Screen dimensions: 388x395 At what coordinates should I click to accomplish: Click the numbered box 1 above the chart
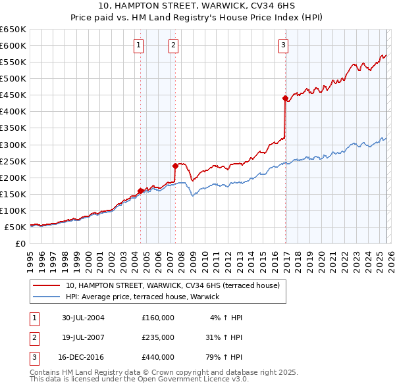click(139, 45)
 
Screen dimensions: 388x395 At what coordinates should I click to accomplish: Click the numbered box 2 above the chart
click(173, 45)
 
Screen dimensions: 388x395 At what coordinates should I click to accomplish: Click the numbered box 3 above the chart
click(282, 45)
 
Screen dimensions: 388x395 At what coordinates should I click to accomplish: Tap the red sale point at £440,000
click(285, 99)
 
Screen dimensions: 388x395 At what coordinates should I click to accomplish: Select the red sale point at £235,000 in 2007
click(176, 166)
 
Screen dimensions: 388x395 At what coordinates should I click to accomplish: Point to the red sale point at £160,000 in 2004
click(141, 191)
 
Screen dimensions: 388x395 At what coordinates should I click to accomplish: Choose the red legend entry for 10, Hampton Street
click(172, 285)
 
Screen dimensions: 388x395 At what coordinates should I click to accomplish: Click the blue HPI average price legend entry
click(146, 297)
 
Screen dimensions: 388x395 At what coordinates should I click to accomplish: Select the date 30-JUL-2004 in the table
click(83, 318)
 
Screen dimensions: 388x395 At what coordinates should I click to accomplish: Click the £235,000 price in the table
click(158, 337)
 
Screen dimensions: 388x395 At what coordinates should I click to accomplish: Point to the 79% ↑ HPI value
click(223, 357)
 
